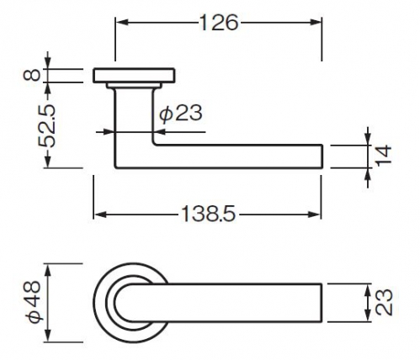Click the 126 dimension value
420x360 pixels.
[x=219, y=23]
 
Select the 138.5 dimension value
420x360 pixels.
[x=209, y=214]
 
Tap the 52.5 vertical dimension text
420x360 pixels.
[x=47, y=126]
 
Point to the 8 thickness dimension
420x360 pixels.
[x=33, y=76]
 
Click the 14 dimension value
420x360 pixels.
[x=384, y=156]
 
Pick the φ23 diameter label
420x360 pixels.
[x=181, y=114]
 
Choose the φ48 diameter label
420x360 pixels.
[x=34, y=302]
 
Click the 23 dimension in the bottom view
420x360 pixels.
[x=384, y=303]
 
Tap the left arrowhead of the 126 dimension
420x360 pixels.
[x=122, y=23]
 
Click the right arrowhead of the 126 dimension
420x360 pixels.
[x=315, y=23]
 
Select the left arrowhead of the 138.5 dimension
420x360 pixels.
[x=100, y=214]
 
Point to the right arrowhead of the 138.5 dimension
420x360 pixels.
[x=315, y=214]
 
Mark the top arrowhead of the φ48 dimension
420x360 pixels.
[x=49, y=271]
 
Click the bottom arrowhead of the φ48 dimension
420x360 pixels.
[x=49, y=336]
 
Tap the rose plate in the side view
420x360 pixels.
[x=134, y=76]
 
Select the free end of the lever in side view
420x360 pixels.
[x=322, y=156]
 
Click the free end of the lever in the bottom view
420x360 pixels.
[x=322, y=303]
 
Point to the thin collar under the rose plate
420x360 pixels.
[x=134, y=86]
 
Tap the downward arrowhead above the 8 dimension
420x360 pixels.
[x=48, y=62]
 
